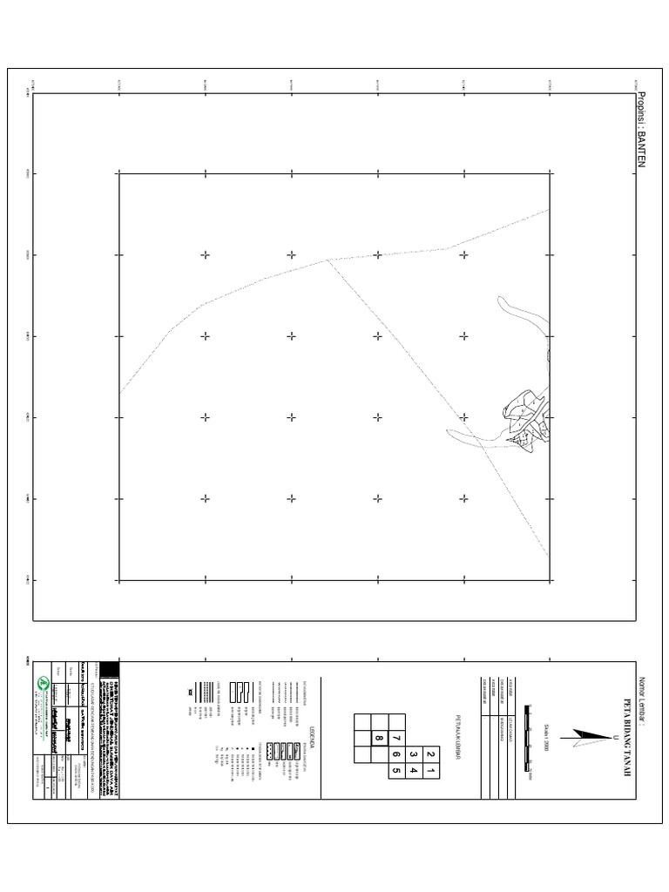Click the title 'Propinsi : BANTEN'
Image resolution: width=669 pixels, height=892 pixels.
click(x=645, y=131)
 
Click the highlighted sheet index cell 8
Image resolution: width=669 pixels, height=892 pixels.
click(x=379, y=739)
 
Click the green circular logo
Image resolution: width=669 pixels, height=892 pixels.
click(x=41, y=682)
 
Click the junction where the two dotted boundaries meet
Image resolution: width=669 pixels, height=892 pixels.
click(x=328, y=260)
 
